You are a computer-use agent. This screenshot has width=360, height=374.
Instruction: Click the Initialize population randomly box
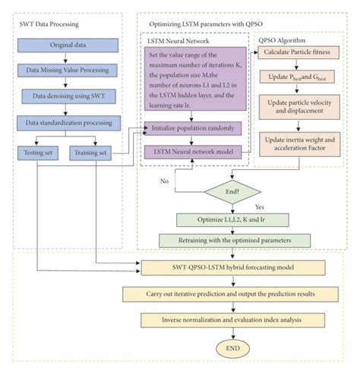coord(194,130)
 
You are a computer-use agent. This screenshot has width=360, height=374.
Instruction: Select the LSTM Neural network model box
coord(194,152)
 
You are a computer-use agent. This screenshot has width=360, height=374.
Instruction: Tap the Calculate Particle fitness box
coord(297,52)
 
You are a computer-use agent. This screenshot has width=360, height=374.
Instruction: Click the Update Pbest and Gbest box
coord(297,80)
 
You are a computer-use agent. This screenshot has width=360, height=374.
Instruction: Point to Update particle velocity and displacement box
coord(297,108)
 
